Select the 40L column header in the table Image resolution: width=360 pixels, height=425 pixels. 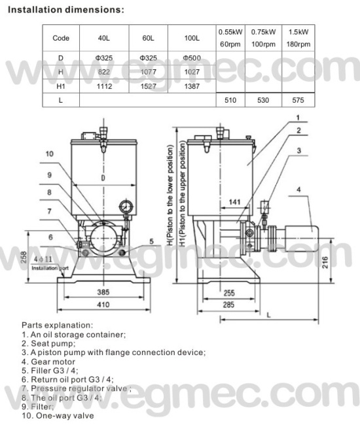pos(104,39)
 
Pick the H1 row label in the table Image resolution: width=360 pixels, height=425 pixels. pos(60,86)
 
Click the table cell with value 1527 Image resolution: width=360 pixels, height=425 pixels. pos(149,86)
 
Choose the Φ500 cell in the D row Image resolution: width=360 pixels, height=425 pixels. pos(192,58)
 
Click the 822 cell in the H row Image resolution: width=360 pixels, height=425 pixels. pos(104,72)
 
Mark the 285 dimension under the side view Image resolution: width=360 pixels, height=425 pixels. pos(228,305)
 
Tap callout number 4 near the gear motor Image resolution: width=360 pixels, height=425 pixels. pos(298,191)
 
